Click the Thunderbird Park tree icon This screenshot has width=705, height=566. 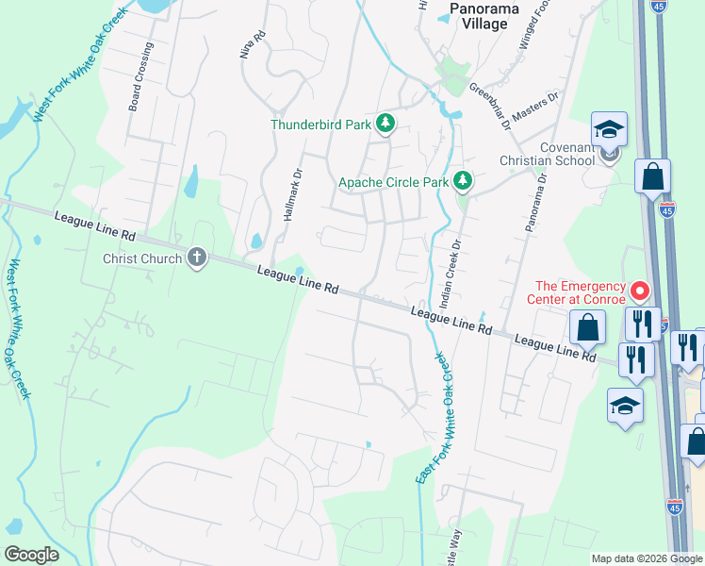(385, 123)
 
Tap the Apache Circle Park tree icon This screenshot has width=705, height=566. (462, 180)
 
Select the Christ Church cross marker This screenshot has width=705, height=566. (197, 258)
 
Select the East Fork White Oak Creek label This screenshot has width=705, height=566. (433, 419)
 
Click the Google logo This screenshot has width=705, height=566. (32, 554)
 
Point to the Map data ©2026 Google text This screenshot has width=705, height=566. (647, 558)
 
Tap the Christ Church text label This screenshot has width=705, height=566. (143, 258)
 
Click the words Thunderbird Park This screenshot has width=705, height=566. (321, 124)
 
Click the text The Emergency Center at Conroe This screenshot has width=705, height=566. (580, 293)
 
